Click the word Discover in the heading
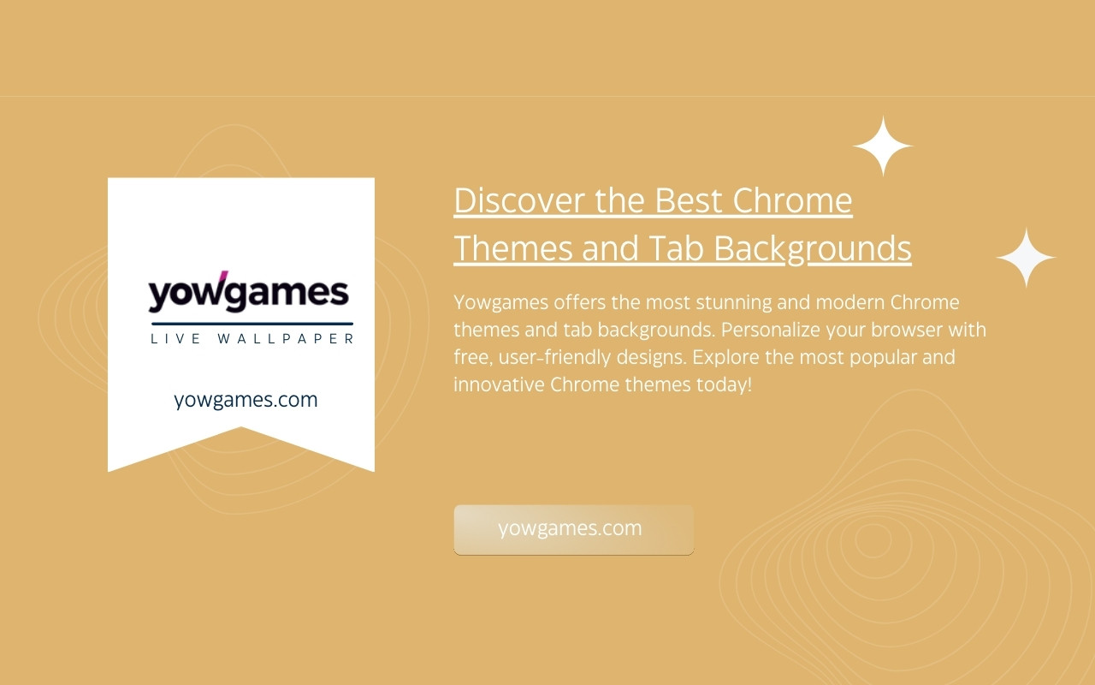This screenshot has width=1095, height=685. [x=519, y=200]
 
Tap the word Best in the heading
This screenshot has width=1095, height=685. [x=689, y=200]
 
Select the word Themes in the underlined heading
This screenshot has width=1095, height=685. [x=513, y=248]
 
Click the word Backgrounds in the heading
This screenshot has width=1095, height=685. [x=813, y=249]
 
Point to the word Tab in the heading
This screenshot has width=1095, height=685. [x=676, y=248]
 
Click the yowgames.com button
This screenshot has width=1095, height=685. [x=573, y=529]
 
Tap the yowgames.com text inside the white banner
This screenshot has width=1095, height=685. [x=246, y=400]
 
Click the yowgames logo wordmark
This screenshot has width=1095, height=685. [x=248, y=291]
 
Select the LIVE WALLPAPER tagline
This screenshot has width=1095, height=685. [x=252, y=338]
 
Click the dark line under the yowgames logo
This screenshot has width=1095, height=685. [x=252, y=324]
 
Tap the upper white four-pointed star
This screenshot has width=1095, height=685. [x=883, y=146]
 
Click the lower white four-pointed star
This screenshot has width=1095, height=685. [x=1026, y=258]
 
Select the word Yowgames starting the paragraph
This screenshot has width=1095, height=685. [x=501, y=303]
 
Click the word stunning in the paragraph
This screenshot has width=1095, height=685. [x=734, y=303]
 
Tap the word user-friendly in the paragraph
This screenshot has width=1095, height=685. [x=555, y=357]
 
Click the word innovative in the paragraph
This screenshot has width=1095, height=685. [x=499, y=384]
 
